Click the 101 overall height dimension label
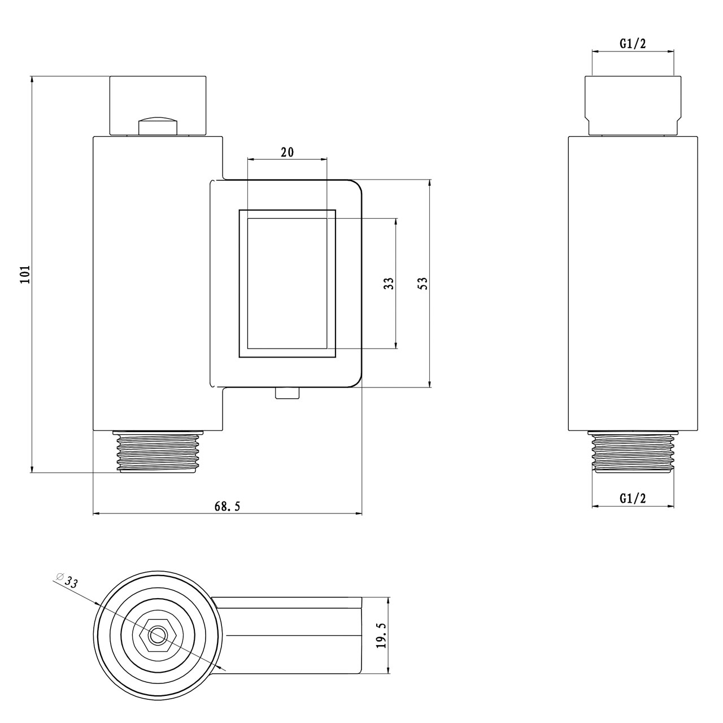25,275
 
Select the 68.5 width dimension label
227,507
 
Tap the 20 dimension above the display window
288,153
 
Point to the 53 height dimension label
423,284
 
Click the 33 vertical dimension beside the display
389,284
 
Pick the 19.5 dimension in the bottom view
381,635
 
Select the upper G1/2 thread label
633,44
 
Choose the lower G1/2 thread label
633,498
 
